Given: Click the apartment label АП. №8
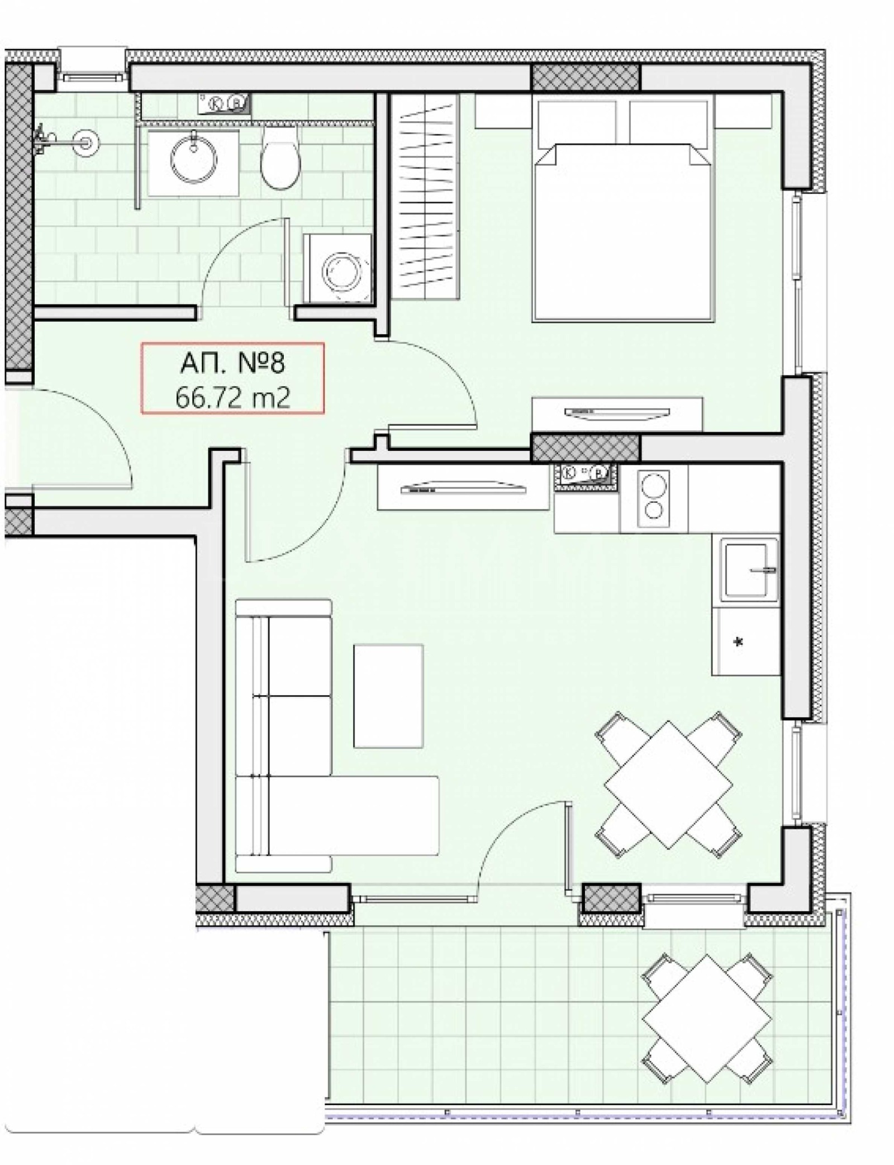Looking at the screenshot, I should pos(232,363).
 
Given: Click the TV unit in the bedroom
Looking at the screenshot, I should pos(617,413).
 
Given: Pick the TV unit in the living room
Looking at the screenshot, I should pos(464,489).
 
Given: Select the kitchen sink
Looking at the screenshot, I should pos(749,570).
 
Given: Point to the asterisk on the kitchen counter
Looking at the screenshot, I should pos(739,643).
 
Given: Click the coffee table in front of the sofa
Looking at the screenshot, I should pos(388,696).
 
